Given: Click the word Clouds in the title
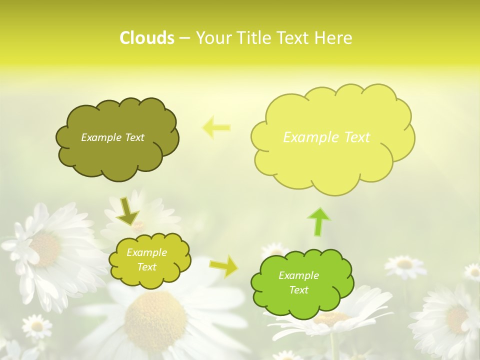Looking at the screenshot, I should click(x=147, y=38).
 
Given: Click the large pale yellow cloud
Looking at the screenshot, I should click(x=332, y=165).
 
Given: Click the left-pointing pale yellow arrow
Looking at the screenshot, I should click(x=216, y=127).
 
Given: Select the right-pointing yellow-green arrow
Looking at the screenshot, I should click(x=224, y=266).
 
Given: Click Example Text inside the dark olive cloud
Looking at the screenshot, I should click(x=112, y=137).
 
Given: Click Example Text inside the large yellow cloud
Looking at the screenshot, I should click(x=326, y=137).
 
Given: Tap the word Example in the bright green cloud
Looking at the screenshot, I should click(x=298, y=275).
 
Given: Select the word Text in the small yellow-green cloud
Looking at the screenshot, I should click(x=146, y=267).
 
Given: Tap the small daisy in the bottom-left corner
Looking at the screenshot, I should click(x=36, y=326).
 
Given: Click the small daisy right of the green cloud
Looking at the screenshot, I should click(x=404, y=264).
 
